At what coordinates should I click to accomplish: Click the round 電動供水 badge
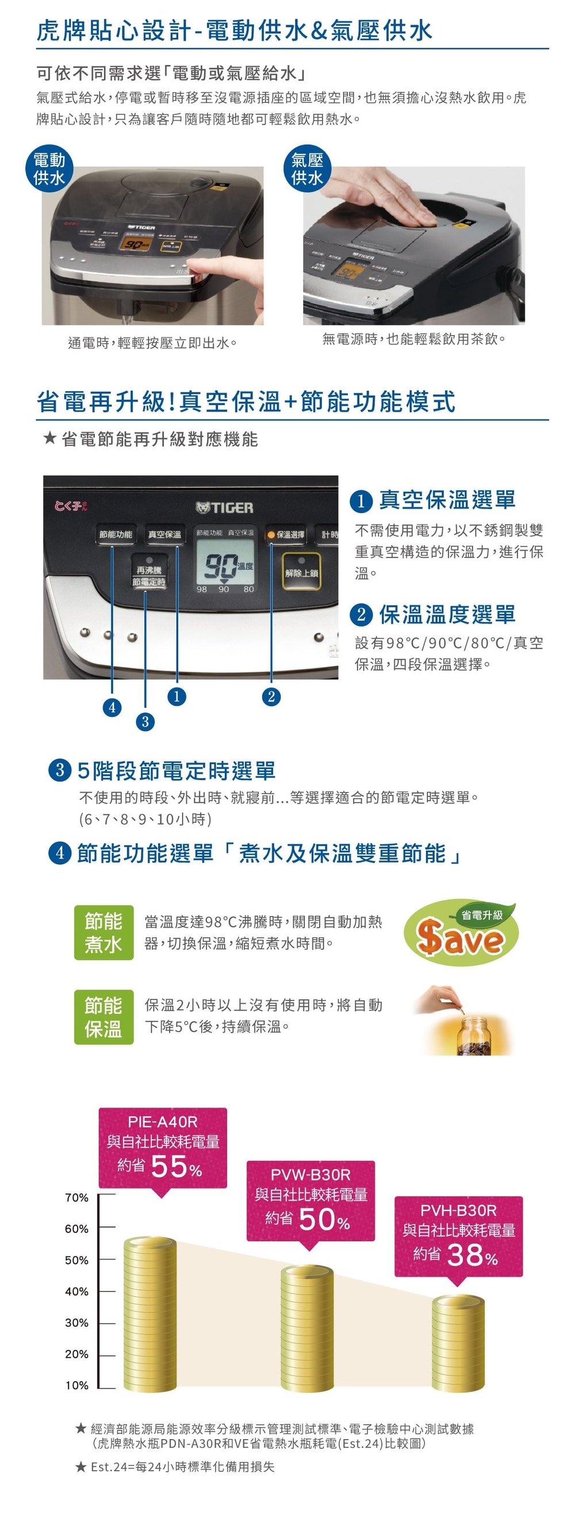(49, 168)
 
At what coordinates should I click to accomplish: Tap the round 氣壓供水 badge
(306, 168)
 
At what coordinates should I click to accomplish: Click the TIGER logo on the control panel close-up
(225, 507)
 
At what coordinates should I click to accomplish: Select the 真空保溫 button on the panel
(164, 534)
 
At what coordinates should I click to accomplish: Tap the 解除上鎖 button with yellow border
(301, 572)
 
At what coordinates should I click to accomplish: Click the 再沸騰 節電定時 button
(148, 575)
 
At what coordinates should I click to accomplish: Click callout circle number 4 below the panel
(112, 707)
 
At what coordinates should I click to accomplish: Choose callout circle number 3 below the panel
(145, 721)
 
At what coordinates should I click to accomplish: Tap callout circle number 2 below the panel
(271, 697)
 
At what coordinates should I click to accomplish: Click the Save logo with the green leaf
(461, 932)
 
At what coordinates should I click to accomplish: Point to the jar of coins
(474, 1036)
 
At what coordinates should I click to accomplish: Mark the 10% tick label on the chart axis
(76, 1385)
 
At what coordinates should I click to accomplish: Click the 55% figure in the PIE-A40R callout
(176, 1166)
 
